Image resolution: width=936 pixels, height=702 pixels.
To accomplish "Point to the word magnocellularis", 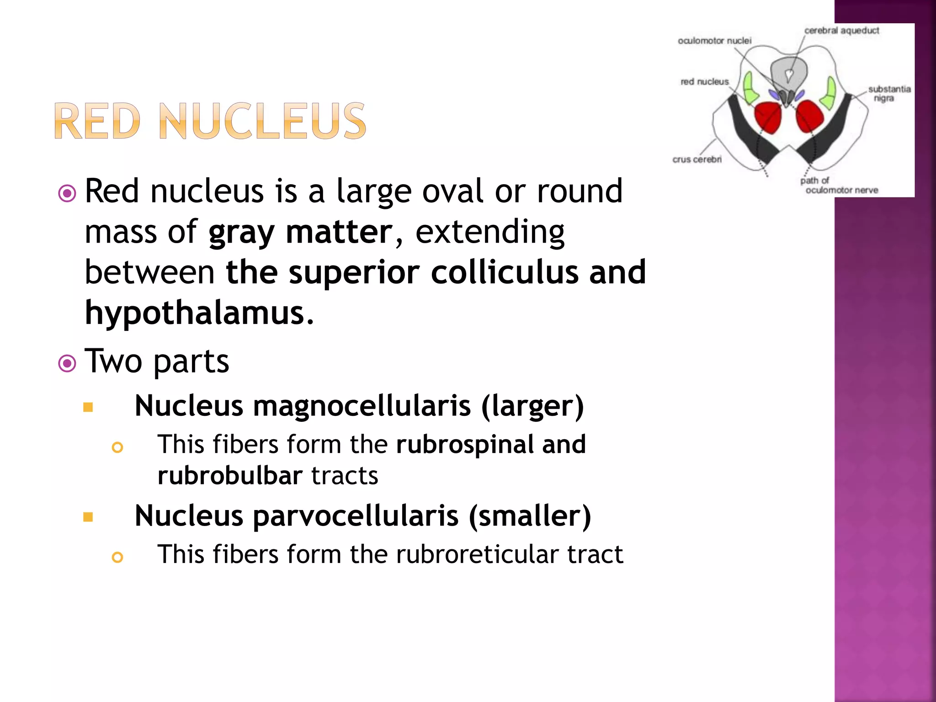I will point(362,406).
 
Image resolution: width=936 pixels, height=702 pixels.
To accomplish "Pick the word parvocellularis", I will point(356,516).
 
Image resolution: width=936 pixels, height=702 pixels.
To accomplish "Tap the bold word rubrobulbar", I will point(230,476).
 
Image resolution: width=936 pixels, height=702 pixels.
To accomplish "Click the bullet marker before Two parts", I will point(67,364).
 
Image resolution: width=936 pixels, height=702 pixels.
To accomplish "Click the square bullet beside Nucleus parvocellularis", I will point(88,517).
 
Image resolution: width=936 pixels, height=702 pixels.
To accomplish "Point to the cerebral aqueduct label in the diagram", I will point(841,31).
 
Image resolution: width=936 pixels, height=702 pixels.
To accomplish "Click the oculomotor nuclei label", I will point(714,41).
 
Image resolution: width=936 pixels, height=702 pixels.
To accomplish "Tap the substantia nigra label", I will point(889,93).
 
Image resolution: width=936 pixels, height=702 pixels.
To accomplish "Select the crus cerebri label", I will point(697,160).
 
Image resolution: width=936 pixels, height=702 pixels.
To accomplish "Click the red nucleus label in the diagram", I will point(704,82).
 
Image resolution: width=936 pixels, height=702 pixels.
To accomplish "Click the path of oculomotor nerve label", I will point(839,186).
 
